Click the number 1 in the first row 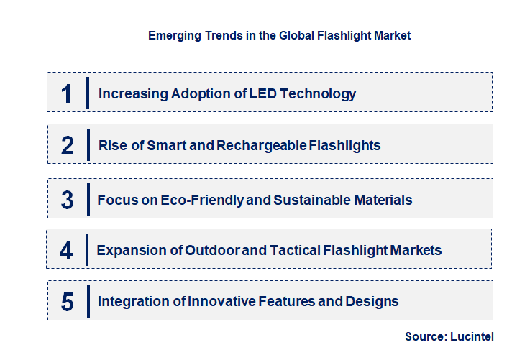(67, 93)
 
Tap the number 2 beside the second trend (68, 146)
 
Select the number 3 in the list (68, 200)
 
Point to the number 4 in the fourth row (67, 251)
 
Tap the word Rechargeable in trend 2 (262, 146)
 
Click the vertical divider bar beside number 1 (87, 93)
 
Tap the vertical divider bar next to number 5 (87, 301)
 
